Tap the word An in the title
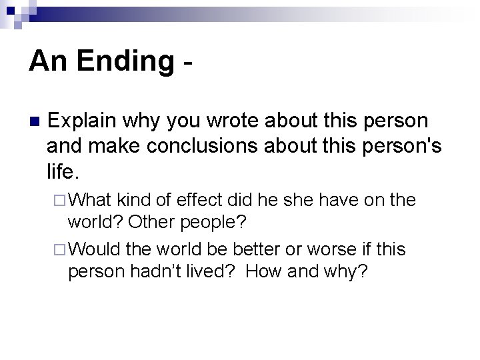[x=49, y=61]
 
